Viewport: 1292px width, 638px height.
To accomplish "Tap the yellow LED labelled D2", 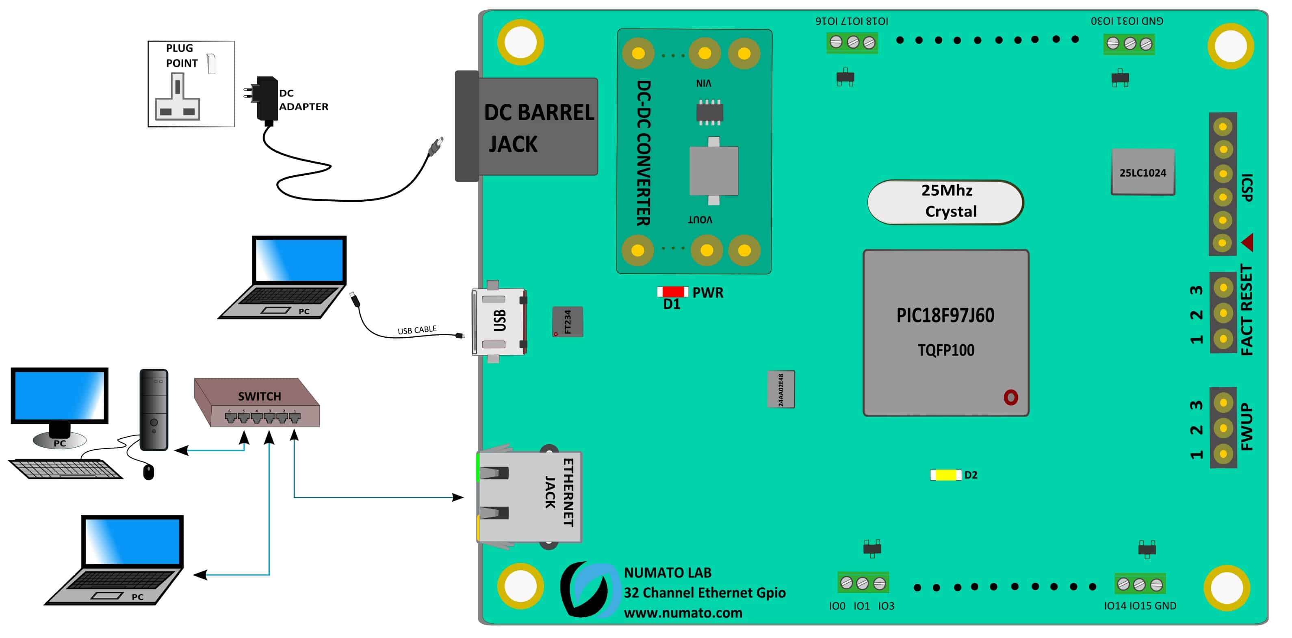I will pyautogui.click(x=945, y=474).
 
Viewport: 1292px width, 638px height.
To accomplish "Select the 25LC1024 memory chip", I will pyautogui.click(x=1142, y=172).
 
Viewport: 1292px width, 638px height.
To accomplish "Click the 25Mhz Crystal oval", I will pyautogui.click(x=945, y=201).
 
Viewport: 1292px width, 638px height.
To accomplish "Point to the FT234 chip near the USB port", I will pyautogui.click(x=567, y=322).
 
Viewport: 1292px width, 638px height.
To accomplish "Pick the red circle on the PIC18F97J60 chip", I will pyautogui.click(x=1010, y=397).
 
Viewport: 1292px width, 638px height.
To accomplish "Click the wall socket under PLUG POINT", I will pyautogui.click(x=178, y=97).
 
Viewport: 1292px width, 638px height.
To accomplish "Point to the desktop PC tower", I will pyautogui.click(x=154, y=410).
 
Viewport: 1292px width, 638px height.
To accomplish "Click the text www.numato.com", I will pyautogui.click(x=683, y=613).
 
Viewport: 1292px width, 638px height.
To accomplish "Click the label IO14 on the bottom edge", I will pyautogui.click(x=1115, y=606).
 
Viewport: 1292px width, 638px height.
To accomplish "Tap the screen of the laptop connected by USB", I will pyautogui.click(x=299, y=260).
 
